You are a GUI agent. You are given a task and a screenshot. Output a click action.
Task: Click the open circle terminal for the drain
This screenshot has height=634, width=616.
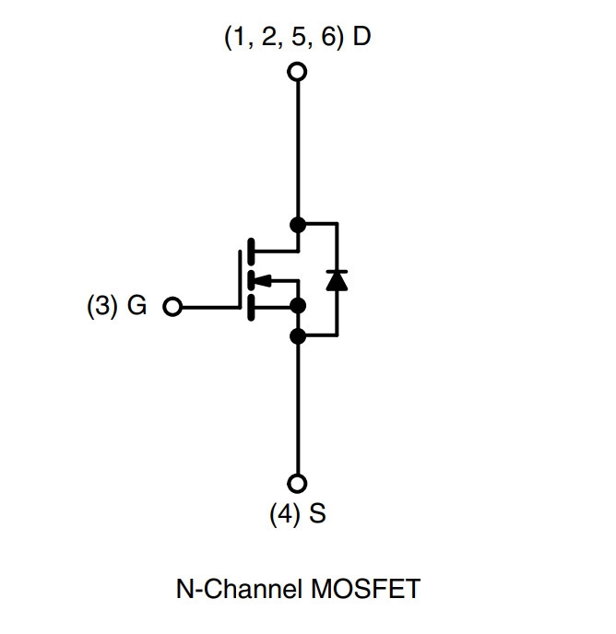(297, 72)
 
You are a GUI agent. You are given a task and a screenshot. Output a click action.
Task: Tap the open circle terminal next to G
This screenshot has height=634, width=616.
(172, 307)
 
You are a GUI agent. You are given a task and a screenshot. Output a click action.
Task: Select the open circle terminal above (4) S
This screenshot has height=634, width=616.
(297, 483)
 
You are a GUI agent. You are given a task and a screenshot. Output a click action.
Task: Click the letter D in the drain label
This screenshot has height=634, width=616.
(361, 36)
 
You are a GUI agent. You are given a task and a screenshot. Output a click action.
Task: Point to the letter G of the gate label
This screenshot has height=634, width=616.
(136, 305)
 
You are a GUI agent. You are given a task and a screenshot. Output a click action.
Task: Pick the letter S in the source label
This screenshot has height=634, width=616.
(317, 513)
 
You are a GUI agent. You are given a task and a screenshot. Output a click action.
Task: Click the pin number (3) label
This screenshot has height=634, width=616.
(102, 305)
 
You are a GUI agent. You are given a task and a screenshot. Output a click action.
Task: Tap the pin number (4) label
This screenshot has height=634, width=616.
(285, 514)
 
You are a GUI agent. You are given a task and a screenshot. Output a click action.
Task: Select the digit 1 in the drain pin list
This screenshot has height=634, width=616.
(240, 36)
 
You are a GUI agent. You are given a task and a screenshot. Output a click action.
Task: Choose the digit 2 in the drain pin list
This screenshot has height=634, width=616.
(268, 36)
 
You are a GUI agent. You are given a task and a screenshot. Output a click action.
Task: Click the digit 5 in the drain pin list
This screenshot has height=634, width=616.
(298, 36)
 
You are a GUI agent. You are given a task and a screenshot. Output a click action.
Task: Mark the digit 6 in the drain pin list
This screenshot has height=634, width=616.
(328, 36)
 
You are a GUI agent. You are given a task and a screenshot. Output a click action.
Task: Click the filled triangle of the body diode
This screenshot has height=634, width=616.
(337, 281)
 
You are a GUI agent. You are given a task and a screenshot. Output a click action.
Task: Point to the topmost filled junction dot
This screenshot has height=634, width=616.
(298, 225)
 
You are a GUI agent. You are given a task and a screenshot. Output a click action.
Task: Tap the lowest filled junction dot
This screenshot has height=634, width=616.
(298, 336)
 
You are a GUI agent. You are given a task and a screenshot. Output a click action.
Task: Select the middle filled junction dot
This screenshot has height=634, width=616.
(298, 306)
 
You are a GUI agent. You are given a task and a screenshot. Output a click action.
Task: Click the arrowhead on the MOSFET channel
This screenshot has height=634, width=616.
(263, 280)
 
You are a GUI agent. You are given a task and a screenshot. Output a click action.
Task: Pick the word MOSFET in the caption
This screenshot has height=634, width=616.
(365, 589)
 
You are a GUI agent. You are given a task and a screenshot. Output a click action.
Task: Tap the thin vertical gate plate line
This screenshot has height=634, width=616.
(240, 279)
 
